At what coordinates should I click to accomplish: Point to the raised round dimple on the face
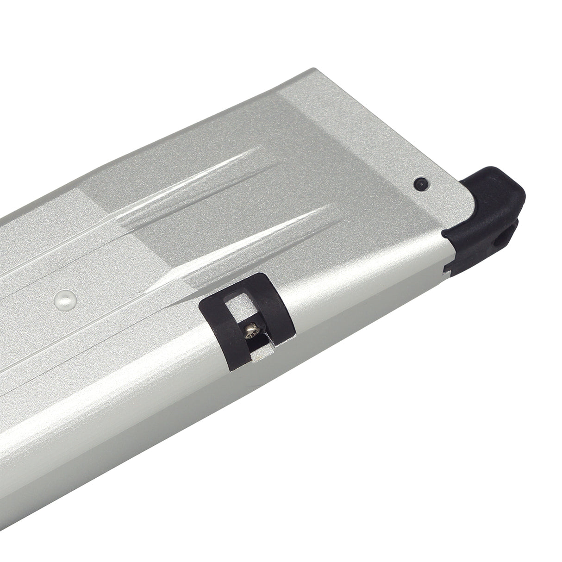(62, 298)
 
